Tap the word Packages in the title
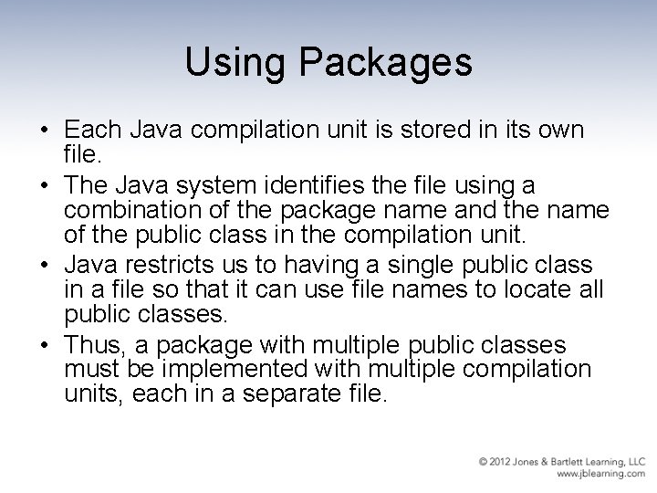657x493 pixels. [382, 63]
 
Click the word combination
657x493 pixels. [125, 212]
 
